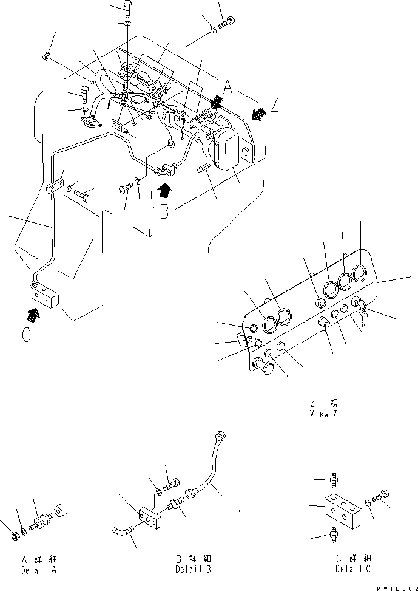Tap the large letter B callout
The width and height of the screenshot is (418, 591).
point(163,213)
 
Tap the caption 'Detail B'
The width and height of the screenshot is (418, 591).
point(193,569)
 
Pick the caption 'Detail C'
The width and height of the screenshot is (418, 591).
point(352,569)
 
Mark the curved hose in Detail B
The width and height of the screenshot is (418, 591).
point(209,467)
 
